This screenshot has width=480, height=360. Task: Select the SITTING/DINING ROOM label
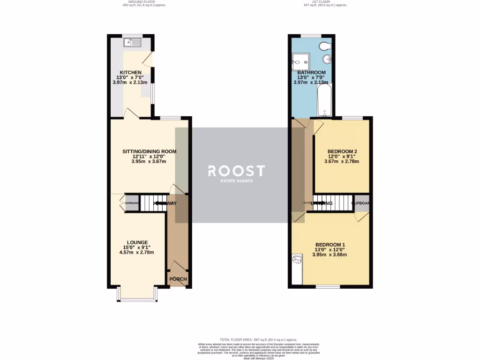(x=149, y=151)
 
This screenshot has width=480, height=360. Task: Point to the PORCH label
(x=178, y=279)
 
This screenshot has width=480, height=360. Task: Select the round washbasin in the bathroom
(x=327, y=60)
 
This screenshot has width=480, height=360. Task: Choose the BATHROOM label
(x=312, y=72)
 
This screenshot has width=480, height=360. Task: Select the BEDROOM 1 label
(x=330, y=245)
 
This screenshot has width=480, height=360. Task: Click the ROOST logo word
(x=237, y=171)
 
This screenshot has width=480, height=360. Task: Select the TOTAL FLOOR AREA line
(x=258, y=339)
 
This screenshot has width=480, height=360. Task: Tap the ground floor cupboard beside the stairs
(x=132, y=203)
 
